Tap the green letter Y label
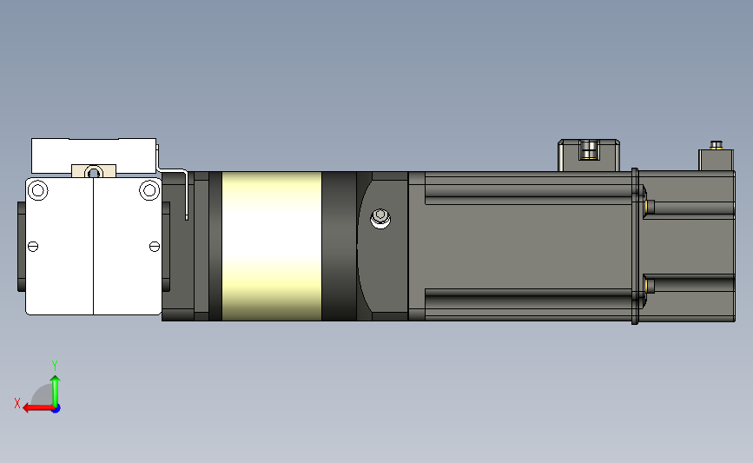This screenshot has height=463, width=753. tap(54, 365)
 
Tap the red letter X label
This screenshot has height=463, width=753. tap(17, 403)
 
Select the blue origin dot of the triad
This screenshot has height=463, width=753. tap(56, 407)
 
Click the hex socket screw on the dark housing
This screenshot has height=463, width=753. tap(380, 217)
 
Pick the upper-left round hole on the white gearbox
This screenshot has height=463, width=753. tap(37, 189)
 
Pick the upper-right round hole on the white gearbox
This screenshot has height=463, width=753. tap(149, 189)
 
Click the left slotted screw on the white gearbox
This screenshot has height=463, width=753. tap(34, 246)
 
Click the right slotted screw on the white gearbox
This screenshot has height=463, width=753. tap(154, 246)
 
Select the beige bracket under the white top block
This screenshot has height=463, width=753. tap(94, 171)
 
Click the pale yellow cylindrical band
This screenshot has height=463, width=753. tap(271, 246)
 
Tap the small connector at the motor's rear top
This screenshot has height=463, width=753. tap(717, 157)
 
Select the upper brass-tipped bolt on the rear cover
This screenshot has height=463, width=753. tap(650, 206)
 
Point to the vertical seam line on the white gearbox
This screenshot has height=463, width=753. tap(94, 252)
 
